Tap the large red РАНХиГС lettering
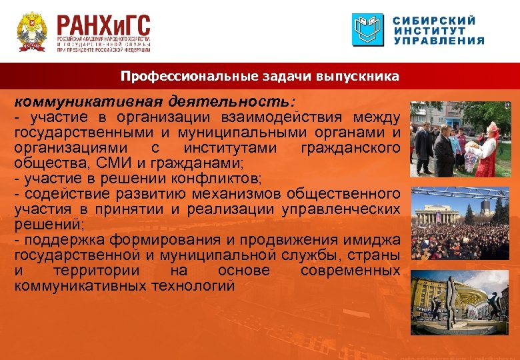pos(103,27)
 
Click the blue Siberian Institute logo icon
pos(367,30)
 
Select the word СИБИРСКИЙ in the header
pos(435,20)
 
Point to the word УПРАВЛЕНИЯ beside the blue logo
pos(438,41)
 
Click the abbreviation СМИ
pos(121,163)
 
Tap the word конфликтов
pos(215,179)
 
